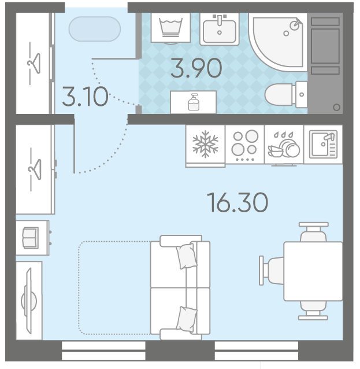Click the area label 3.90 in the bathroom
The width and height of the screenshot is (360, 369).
pos(196,68)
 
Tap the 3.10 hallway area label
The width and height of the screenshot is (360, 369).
pos(85,97)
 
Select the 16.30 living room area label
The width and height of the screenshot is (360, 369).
pos(237,202)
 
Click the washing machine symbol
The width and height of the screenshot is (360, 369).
pos(170,28)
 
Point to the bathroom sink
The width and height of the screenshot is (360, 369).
pos(220,29)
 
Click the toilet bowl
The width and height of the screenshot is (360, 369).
pos(286,94)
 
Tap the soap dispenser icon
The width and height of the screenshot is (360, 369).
pos(194,102)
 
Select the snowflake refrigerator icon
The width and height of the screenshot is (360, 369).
pos(205,144)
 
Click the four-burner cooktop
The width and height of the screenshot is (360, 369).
pos(244,144)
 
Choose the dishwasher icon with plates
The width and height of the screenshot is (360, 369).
pos(284,145)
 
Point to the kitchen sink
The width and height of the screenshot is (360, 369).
pos(323,144)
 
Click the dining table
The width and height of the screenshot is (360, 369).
pos(313,271)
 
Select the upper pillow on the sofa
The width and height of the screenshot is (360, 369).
pos(187,256)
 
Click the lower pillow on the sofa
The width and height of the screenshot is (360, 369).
pos(187,319)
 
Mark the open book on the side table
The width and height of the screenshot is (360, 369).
pos(30,238)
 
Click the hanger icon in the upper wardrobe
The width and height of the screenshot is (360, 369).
pos(34,63)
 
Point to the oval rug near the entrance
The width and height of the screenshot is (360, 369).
pos(95,29)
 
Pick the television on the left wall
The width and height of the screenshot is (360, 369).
pos(29,301)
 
